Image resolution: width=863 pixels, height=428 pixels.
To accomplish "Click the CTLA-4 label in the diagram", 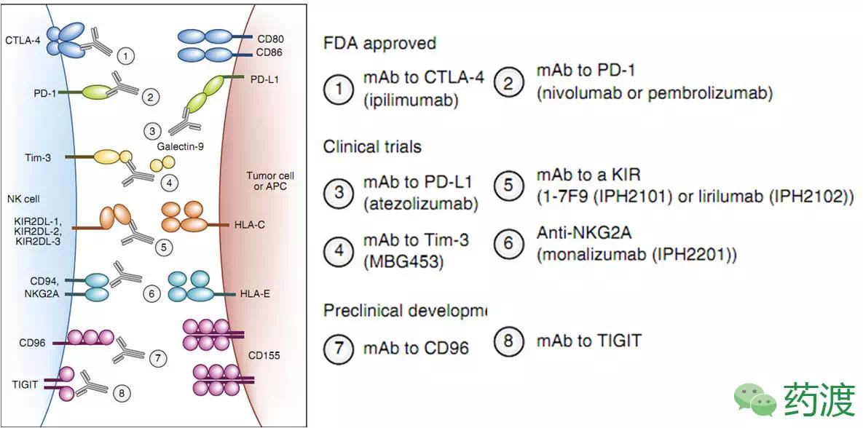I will coord(22,41).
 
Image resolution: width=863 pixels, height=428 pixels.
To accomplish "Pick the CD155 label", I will coord(263,356).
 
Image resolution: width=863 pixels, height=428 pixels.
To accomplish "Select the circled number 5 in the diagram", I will coord(164,247).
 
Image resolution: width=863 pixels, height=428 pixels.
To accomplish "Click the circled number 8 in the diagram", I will coord(122,394).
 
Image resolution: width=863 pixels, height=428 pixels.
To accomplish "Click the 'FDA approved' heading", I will coord(379,43).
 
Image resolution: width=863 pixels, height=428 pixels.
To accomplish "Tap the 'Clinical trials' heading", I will coord(372,146).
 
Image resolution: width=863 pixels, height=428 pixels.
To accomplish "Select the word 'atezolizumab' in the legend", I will coord(420,204).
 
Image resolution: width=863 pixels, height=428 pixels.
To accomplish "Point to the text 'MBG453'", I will coord(403,261).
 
